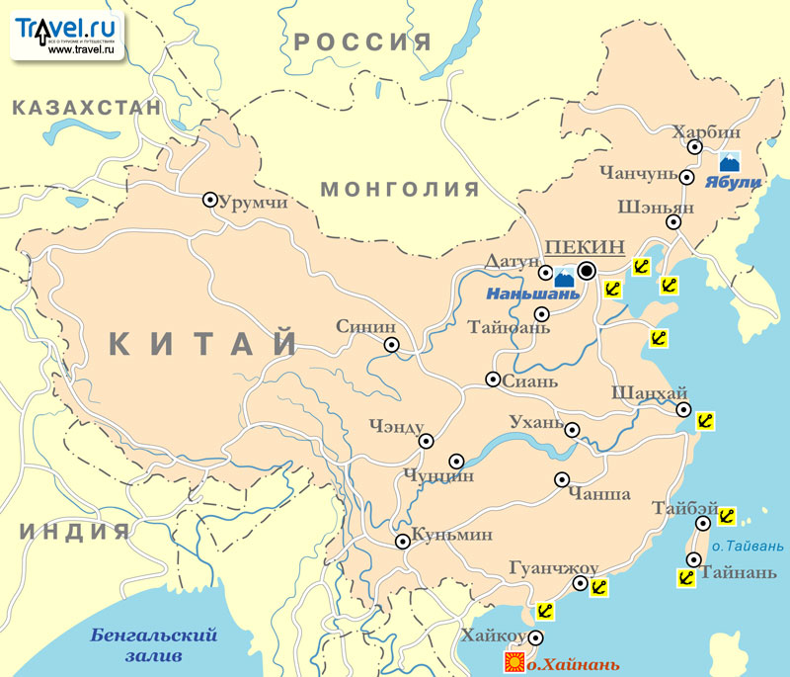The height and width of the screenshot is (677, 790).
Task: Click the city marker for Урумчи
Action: click(x=209, y=200)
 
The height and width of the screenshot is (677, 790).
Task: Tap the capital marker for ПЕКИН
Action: click(x=587, y=270)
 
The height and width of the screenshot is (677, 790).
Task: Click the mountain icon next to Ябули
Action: click(x=730, y=161)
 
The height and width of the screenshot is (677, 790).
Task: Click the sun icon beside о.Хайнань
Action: click(x=513, y=660)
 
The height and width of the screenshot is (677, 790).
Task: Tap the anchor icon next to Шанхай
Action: click(x=705, y=421)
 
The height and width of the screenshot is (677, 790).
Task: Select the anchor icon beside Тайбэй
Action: click(x=726, y=516)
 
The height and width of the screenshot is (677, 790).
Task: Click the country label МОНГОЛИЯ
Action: click(x=400, y=190)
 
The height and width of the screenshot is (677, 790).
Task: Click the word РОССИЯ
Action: click(x=363, y=42)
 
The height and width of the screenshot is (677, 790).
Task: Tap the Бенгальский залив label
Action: click(x=153, y=645)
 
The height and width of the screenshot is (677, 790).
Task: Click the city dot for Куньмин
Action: click(x=403, y=542)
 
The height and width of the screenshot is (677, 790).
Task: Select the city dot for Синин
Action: click(x=392, y=345)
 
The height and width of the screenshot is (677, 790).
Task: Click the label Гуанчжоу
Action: click(x=554, y=567)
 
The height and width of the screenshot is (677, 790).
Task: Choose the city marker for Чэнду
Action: click(x=427, y=442)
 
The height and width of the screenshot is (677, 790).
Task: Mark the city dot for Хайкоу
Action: click(x=536, y=637)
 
